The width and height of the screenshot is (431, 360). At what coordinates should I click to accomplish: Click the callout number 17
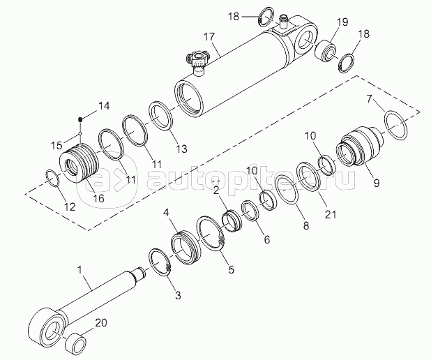click(209, 36)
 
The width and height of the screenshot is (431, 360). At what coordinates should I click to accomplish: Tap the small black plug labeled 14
click(80, 119)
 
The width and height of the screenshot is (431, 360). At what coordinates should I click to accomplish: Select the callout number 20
click(101, 322)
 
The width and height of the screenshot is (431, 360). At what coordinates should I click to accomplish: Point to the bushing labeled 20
click(76, 342)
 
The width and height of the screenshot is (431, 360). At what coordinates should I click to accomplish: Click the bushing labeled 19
click(325, 52)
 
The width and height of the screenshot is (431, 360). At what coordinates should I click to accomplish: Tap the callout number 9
click(377, 183)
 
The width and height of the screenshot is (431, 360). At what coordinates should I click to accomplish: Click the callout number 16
click(99, 197)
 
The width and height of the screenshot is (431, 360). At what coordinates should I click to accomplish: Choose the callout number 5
click(232, 270)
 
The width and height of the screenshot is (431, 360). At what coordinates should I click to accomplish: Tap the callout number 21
click(331, 214)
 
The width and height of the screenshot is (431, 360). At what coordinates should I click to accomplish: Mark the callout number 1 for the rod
click(80, 270)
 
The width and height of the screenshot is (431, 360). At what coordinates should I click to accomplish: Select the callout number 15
click(57, 146)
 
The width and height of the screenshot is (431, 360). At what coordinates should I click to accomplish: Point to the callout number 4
click(165, 212)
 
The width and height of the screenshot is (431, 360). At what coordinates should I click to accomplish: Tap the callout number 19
click(342, 22)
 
